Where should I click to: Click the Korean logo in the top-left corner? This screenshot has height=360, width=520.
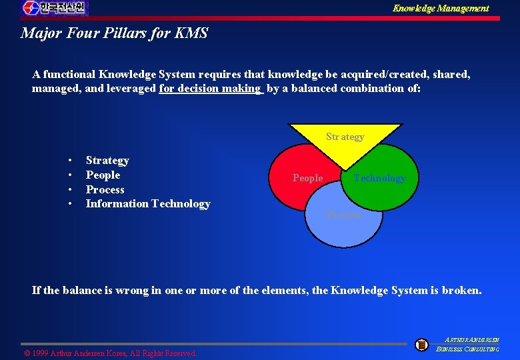55,8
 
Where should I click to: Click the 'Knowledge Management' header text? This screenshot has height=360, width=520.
440,9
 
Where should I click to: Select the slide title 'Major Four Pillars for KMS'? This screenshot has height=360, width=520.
114,33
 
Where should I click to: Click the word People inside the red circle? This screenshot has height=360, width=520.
307,178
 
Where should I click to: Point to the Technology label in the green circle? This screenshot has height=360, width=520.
379,178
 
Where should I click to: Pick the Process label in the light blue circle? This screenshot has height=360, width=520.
344,215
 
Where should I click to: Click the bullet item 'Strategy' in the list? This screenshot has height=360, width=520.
107,161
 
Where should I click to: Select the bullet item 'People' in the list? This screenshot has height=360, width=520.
103,175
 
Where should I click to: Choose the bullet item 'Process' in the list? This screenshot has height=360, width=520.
105,190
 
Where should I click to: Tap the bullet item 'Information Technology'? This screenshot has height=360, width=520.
148,204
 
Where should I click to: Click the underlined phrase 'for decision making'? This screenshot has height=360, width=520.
210,88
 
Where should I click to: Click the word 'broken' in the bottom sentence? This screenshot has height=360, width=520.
459,291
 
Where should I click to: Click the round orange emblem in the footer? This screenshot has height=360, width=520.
421,345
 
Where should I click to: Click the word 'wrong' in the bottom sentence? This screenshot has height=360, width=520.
131,291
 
